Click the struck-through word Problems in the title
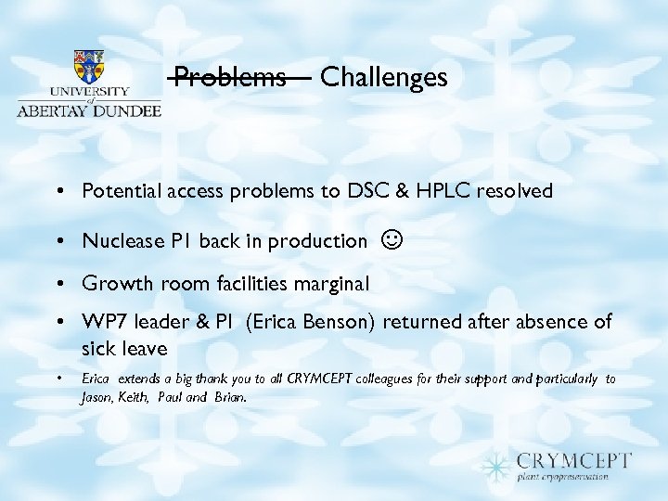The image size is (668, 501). pos(230,77)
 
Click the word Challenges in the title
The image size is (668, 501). pos(383,77)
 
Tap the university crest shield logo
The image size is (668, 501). pos(88,67)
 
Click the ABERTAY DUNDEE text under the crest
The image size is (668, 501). pos(88,109)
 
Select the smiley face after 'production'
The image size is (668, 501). pos(392,241)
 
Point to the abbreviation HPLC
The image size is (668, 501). pos(443,192)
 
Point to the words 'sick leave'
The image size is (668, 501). pos(124,349)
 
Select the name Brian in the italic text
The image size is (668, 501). pos(229,397)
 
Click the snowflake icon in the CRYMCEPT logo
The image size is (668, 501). pos(497,465)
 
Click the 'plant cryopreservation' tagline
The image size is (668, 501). pos(563,477)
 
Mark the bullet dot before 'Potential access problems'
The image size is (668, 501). pos(58,192)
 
